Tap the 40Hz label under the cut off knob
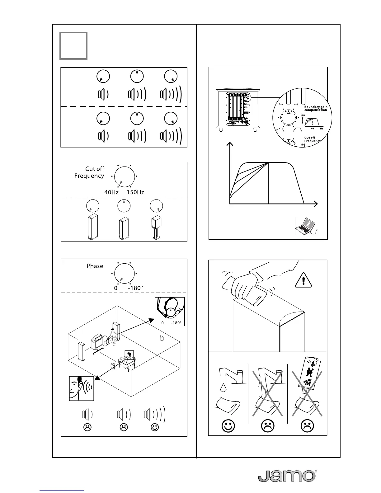pyautogui.click(x=111, y=192)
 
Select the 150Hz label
pyautogui.click(x=135, y=192)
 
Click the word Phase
pyautogui.click(x=95, y=266)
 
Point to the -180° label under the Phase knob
pyautogui.click(x=135, y=288)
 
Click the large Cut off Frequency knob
pyautogui.click(x=124, y=176)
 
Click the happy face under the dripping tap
pyautogui.click(x=228, y=426)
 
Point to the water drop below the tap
pyautogui.click(x=223, y=387)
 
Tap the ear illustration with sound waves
pyautogui.click(x=82, y=388)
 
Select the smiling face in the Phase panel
pyautogui.click(x=155, y=427)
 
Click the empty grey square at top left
pyautogui.click(x=73, y=46)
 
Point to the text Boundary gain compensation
pyautogui.click(x=315, y=108)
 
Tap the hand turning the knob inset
pyautogui.click(x=170, y=311)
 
